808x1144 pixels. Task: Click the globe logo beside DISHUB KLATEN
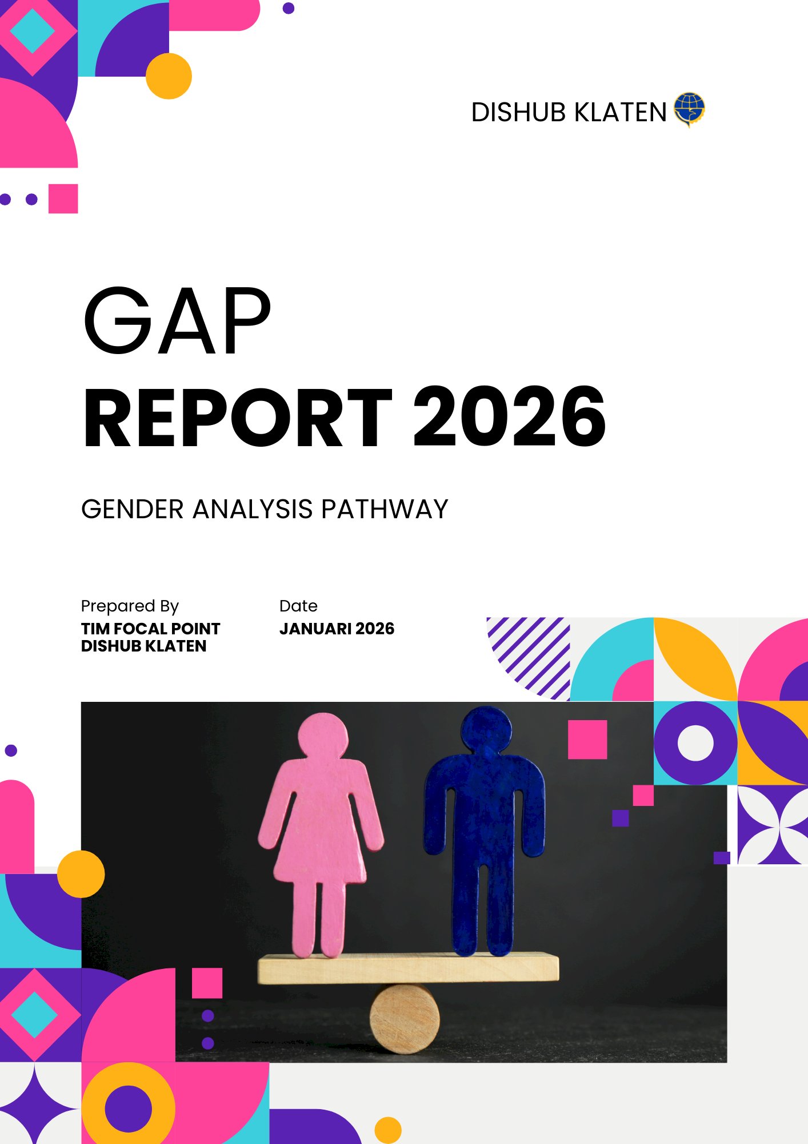click(689, 109)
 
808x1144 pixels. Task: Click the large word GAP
click(177, 321)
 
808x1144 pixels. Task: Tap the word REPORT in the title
click(237, 417)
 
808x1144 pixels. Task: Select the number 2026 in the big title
click(509, 417)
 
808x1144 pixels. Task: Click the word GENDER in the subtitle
click(132, 509)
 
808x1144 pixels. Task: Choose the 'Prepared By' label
click(130, 606)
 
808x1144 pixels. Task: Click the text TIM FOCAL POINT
click(150, 629)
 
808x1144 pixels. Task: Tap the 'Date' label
click(298, 606)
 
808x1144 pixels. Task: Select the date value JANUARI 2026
click(337, 629)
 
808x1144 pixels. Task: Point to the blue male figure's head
click(486, 729)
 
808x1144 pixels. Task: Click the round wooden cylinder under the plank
click(405, 1019)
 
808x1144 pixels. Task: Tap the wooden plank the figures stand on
click(408, 968)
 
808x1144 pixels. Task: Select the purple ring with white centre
click(695, 743)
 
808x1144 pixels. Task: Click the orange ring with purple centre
click(128, 1108)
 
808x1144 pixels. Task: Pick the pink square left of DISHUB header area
click(63, 198)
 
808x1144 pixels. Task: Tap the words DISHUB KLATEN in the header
click(569, 112)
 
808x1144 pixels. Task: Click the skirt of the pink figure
click(320, 847)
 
